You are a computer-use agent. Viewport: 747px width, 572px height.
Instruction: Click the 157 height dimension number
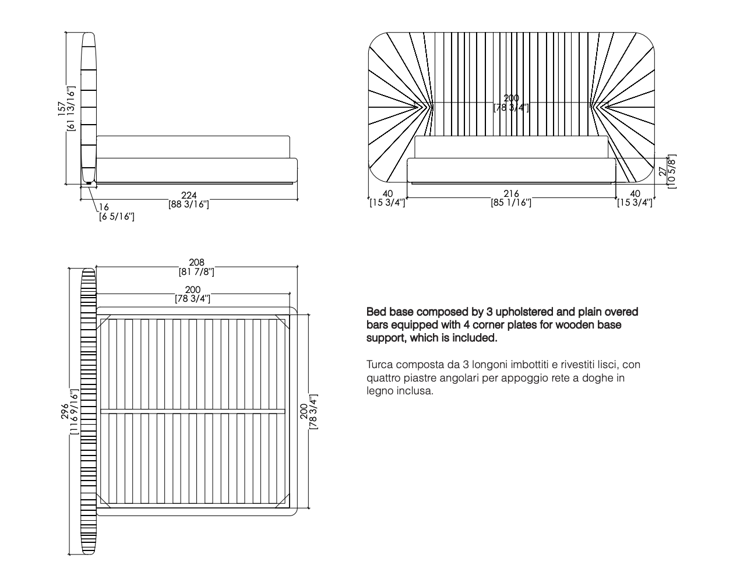(62, 109)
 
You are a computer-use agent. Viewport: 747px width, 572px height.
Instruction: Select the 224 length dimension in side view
(189, 195)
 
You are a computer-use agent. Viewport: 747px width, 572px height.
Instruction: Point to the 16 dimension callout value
(104, 207)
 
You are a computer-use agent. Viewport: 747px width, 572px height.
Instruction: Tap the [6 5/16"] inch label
(117, 217)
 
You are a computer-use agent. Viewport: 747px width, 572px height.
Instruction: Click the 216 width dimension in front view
(510, 194)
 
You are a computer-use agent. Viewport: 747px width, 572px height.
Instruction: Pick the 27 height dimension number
(662, 171)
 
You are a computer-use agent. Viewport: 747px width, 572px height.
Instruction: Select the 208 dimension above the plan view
(197, 263)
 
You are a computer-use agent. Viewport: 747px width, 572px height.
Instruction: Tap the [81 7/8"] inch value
(197, 272)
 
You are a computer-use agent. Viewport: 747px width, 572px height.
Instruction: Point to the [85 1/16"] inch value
(510, 203)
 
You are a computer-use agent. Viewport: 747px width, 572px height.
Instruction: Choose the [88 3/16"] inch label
(189, 204)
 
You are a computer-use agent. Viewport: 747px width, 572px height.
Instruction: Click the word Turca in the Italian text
(379, 365)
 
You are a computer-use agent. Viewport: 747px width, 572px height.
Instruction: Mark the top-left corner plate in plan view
(105, 320)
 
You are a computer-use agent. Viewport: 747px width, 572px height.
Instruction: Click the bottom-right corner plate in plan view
(284, 500)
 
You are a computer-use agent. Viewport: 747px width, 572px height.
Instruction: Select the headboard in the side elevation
(88, 108)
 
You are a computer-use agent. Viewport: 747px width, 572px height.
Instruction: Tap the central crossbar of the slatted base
(193, 412)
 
